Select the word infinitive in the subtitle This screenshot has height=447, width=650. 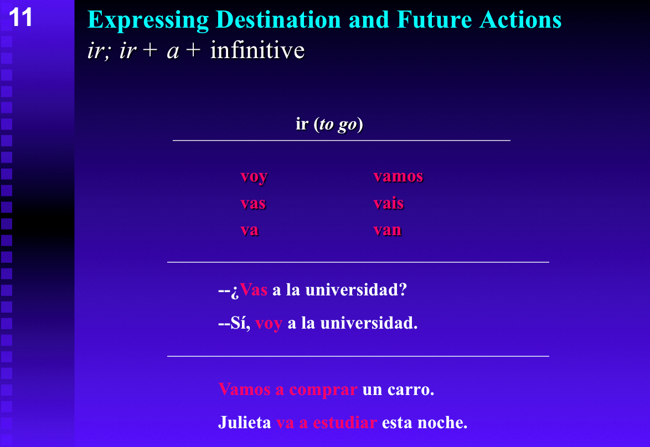pyautogui.click(x=257, y=50)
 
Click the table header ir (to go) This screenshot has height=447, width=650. pyautogui.click(x=329, y=124)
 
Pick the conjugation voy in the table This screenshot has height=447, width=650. pyautogui.click(x=254, y=176)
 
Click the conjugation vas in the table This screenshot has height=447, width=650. pyautogui.click(x=252, y=204)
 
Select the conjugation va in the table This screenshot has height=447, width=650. pyautogui.click(x=249, y=230)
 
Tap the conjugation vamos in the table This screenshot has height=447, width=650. pyautogui.click(x=398, y=176)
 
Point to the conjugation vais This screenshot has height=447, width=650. pyautogui.click(x=388, y=204)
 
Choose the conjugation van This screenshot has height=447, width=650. pyautogui.click(x=387, y=230)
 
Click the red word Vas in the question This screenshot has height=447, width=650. pyautogui.click(x=254, y=290)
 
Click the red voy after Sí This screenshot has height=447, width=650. pyautogui.click(x=269, y=323)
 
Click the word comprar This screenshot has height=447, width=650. pyautogui.click(x=323, y=389)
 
